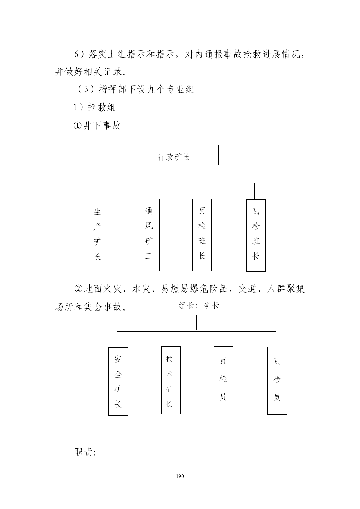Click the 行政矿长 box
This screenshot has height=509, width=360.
tap(174, 155)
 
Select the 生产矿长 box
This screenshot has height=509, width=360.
tap(97, 236)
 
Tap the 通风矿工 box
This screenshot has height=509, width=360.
tap(150, 235)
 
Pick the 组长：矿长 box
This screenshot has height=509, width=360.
tap(195, 306)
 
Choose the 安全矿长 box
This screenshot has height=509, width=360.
tap(118, 381)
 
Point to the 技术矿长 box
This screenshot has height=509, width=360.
tap(171, 380)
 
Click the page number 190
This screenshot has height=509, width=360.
tap(180, 476)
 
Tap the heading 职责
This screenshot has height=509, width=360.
tap(85, 452)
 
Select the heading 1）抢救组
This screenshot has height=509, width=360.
tap(95, 107)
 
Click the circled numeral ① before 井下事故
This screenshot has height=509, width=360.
tap(78, 126)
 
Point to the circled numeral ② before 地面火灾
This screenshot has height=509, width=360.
tap(79, 289)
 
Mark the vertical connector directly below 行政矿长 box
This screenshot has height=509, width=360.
tap(176, 174)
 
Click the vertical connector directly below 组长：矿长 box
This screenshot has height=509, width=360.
tap(197, 323)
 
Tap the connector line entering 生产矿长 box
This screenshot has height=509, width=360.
tap(96, 191)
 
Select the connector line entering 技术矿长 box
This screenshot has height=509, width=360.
tap(170, 339)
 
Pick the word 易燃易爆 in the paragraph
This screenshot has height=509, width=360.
tap(180, 289)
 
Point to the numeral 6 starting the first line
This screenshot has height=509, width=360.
tap(77, 54)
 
